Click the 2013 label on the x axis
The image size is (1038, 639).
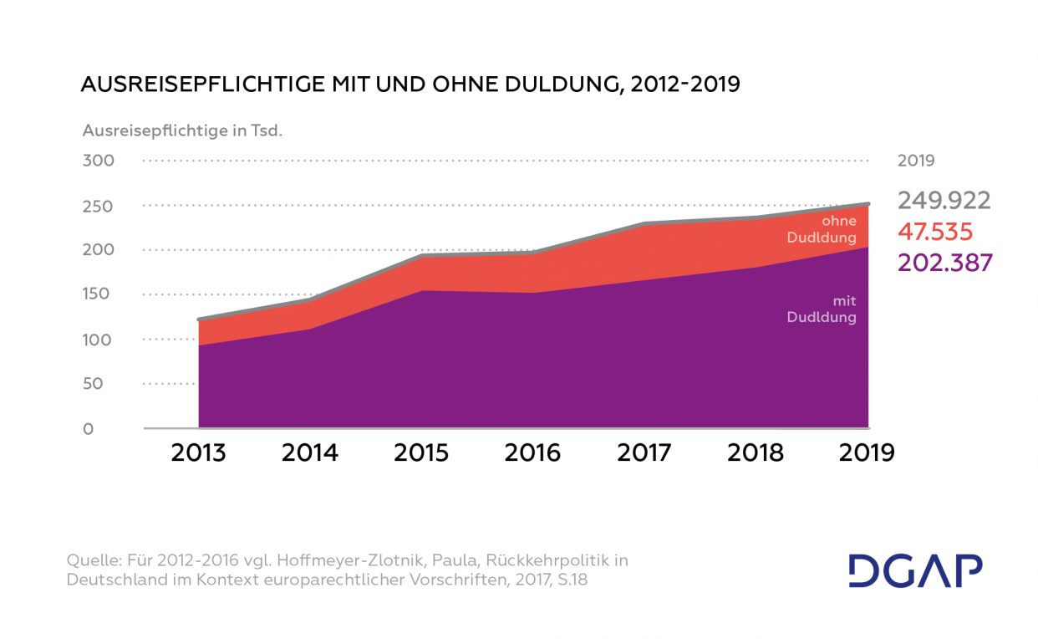[x=198, y=452]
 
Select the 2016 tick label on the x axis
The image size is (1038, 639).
[x=532, y=452]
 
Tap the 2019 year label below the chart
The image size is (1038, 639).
[x=867, y=452]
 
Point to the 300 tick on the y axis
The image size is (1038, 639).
[x=98, y=161]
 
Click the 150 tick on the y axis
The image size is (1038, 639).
[x=98, y=294]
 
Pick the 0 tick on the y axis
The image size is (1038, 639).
[x=88, y=429]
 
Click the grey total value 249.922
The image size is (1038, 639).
[x=944, y=201]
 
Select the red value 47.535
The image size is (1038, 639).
[x=935, y=232]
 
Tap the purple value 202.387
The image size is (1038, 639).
[x=945, y=263]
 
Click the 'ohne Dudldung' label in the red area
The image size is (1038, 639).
[x=822, y=229]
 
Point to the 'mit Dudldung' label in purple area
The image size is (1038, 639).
[x=822, y=309]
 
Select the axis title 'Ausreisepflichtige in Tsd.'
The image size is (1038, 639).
[x=183, y=130]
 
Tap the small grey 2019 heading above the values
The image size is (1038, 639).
[x=916, y=161]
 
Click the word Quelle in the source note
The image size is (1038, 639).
[x=93, y=560]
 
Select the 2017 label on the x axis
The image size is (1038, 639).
[x=644, y=452]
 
